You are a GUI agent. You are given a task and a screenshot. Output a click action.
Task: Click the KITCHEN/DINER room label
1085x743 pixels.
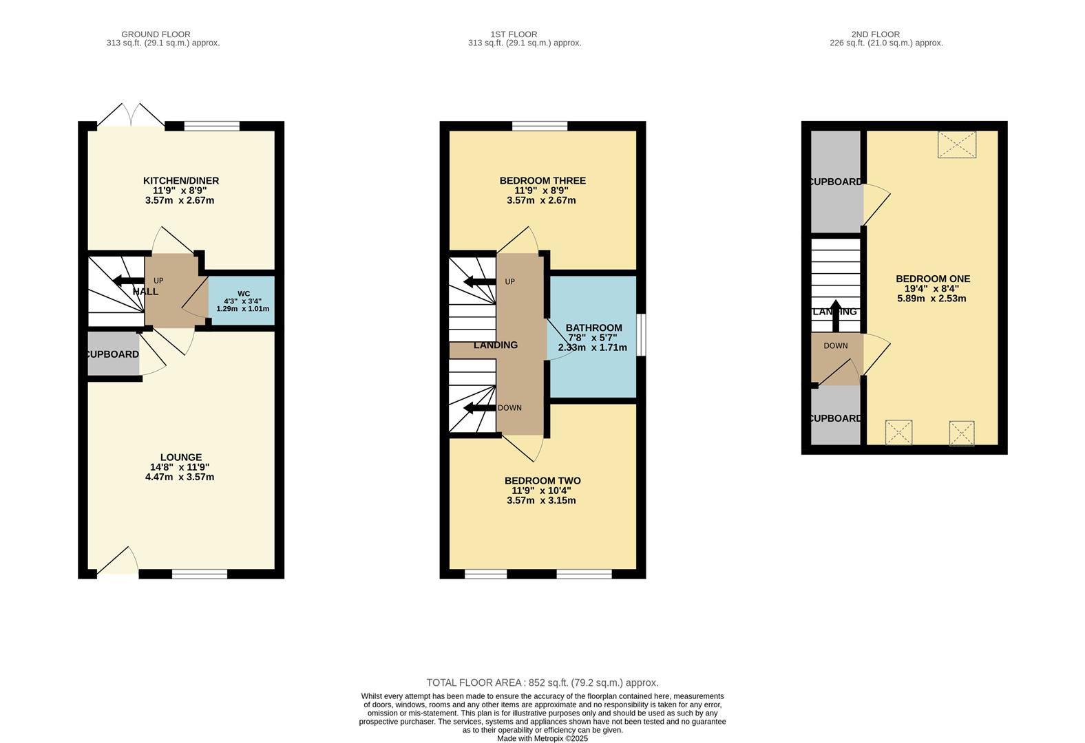point(180,181)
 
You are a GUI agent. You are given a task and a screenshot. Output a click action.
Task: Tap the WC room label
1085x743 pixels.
point(243,293)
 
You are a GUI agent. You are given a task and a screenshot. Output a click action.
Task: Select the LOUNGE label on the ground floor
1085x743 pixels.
point(180,457)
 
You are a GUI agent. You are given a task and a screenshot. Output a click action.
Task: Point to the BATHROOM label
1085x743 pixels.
point(593,328)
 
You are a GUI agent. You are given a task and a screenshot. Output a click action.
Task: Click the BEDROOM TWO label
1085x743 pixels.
point(542,481)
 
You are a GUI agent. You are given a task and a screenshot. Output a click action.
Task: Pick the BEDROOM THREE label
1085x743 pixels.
point(542,181)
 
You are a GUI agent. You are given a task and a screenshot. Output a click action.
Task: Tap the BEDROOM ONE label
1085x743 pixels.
point(932,279)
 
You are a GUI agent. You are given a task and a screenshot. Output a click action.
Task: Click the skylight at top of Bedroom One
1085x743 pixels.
point(957,144)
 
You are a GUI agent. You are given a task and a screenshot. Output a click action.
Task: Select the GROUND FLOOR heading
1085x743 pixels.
point(156,34)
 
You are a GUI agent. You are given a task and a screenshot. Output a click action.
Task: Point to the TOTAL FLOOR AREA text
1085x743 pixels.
point(542,682)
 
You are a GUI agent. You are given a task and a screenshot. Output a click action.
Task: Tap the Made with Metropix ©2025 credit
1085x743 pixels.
point(542,738)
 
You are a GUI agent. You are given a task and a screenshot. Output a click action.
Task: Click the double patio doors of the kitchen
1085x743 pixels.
point(131,117)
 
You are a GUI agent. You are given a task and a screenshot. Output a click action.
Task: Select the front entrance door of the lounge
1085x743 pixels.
point(117,563)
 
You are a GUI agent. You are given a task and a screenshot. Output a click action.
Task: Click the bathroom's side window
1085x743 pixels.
point(640,335)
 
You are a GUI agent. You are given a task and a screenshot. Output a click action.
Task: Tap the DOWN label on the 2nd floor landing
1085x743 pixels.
point(835,346)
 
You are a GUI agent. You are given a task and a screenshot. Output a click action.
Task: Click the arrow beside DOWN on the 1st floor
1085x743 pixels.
point(480,408)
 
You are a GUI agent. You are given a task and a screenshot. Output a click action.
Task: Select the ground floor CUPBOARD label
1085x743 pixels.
point(112,354)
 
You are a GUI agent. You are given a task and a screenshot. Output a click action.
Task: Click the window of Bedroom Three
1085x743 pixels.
point(540,126)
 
